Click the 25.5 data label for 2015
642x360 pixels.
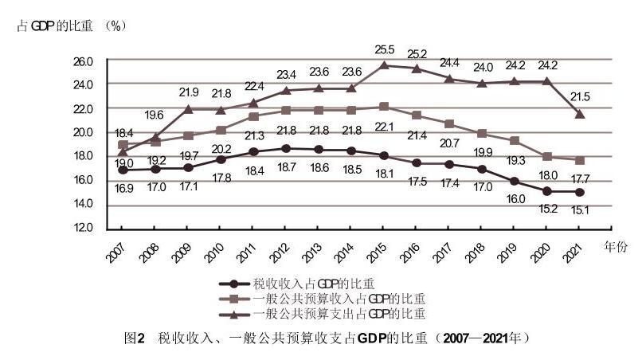[x=385, y=50]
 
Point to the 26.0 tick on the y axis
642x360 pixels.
[x=83, y=61]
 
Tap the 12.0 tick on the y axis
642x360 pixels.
[x=83, y=228]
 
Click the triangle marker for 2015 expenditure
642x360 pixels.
[x=385, y=65]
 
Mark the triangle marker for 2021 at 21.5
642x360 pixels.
[x=580, y=114]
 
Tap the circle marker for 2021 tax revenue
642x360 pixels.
[x=580, y=192]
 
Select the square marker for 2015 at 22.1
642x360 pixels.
[x=385, y=106]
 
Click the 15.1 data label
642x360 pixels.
[x=579, y=210]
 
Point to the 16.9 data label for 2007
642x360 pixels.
[x=123, y=188]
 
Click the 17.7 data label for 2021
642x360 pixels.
[x=579, y=178]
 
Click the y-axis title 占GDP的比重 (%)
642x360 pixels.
[x=72, y=25]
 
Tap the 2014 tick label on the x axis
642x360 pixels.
[x=346, y=253]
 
